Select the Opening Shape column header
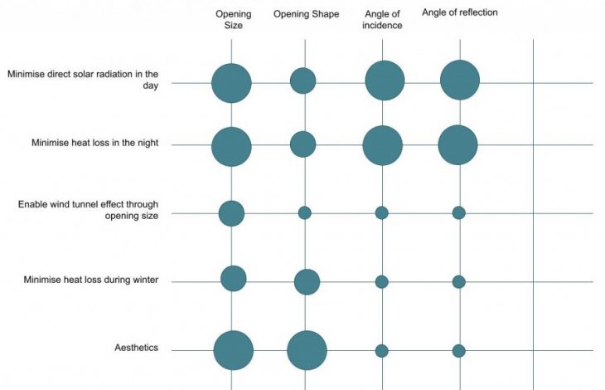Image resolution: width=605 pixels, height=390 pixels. coord(306,14)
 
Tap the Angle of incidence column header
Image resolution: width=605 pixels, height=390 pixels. coord(383,19)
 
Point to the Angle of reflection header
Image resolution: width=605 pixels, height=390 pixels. coord(460,12)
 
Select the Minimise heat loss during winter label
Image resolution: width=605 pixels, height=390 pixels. coord(91,280)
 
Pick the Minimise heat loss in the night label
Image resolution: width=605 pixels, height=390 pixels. coord(95,144)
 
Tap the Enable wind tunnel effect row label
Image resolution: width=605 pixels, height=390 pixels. coord(89,210)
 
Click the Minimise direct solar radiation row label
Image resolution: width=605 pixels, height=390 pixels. coord(83,79)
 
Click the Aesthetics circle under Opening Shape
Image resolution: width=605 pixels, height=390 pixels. coord(307,350)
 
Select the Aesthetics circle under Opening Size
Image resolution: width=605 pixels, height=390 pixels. coord(233,350)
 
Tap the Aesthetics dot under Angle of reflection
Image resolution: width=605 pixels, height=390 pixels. coord(458,350)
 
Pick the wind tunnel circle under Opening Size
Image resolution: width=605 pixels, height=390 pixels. coord(231,213)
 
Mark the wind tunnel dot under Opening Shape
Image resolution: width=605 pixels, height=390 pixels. coord(304,213)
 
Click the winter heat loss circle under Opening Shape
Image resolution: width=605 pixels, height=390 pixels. coord(307,282)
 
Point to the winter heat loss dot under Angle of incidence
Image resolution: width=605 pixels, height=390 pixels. coord(381,282)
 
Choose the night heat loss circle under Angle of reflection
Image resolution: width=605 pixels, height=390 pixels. coord(457,145)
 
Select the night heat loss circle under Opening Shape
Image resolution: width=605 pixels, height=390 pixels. coord(302,144)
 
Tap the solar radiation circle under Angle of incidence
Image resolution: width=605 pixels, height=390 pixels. coord(385,81)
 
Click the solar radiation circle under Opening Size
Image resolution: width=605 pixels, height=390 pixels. coord(231,83)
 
